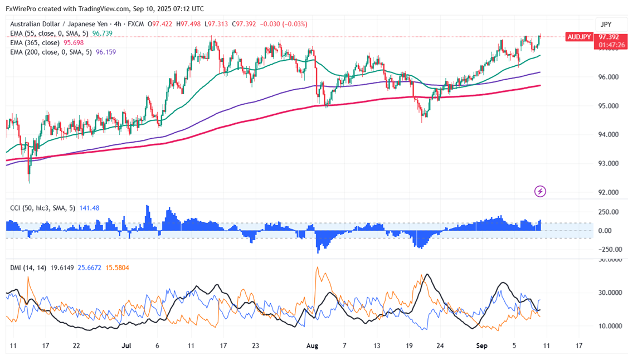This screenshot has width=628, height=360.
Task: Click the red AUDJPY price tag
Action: point(579,37)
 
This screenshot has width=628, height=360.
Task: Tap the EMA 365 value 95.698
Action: point(76,42)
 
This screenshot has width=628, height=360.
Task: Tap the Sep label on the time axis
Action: point(482,346)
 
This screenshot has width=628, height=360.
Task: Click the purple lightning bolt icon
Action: point(540,191)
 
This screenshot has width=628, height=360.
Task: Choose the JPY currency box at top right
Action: point(605,24)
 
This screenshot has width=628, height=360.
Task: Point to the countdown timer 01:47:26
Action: point(610,45)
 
